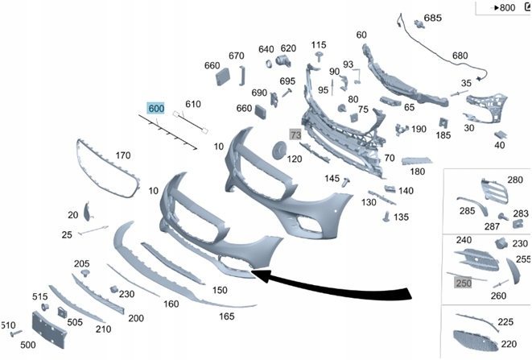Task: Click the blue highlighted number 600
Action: (x=155, y=108)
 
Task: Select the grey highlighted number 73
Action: (x=295, y=134)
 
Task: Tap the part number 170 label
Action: (x=123, y=155)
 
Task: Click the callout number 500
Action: (x=27, y=344)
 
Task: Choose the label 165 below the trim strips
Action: (x=227, y=317)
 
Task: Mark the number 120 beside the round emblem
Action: (x=295, y=159)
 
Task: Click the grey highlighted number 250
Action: (x=464, y=283)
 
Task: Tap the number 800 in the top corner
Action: (x=507, y=8)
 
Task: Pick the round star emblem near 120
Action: (x=278, y=151)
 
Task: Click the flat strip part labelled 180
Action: (x=416, y=160)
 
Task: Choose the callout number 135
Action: (x=401, y=217)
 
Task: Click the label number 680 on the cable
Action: (x=460, y=56)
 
